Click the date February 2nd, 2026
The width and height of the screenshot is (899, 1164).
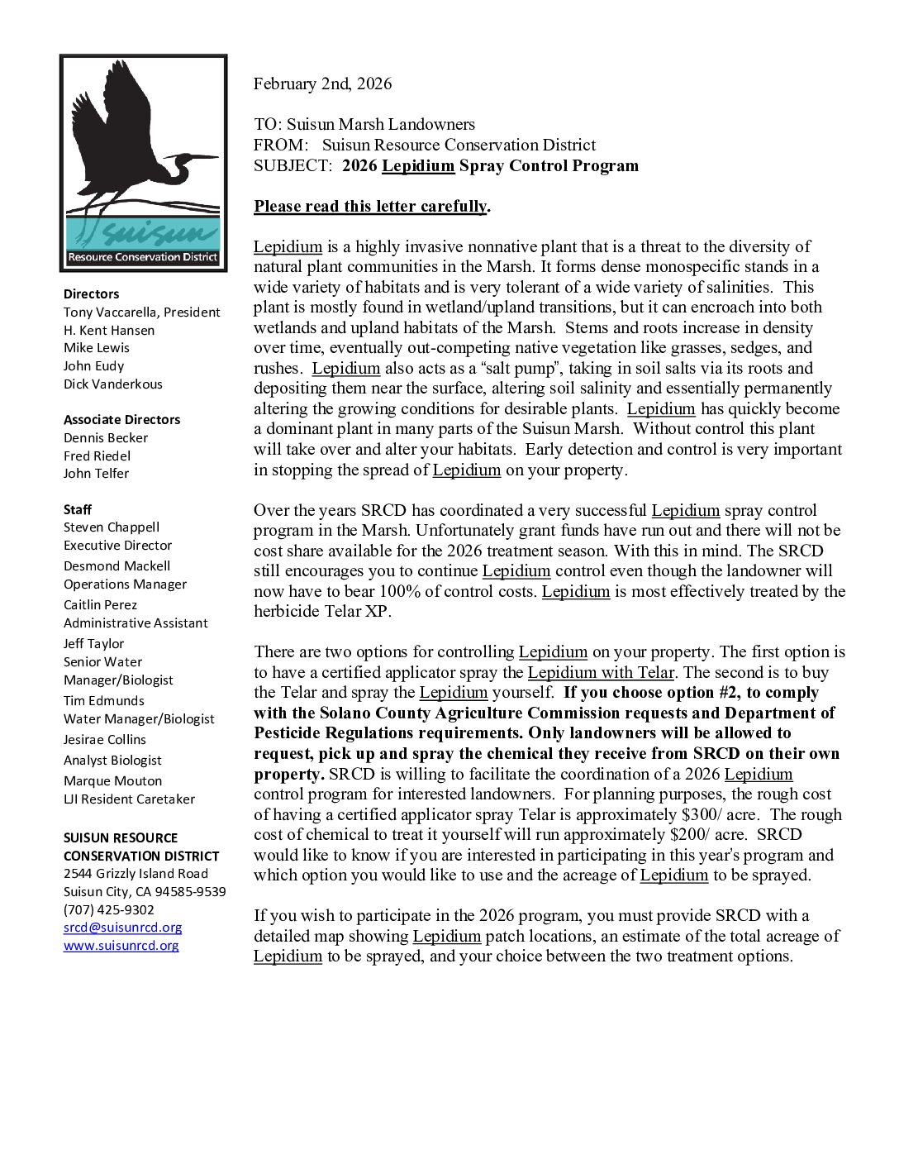click(322, 83)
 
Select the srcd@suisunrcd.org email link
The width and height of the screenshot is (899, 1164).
click(123, 928)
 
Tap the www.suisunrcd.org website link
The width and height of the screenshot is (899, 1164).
click(121, 946)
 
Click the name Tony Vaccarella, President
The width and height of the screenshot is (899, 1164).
click(142, 312)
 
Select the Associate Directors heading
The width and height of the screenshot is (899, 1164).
click(121, 420)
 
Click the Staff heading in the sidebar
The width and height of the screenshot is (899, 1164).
click(78, 509)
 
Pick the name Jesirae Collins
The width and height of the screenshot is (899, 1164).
click(105, 740)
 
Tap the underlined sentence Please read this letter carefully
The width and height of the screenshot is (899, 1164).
click(370, 207)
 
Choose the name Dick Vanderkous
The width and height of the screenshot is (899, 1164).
click(113, 384)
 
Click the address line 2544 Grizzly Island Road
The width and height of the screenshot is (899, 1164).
click(136, 874)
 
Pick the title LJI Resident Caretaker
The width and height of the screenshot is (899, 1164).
click(130, 799)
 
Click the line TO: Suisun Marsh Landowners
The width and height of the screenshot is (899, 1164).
click(364, 125)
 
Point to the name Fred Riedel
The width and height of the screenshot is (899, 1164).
click(98, 456)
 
